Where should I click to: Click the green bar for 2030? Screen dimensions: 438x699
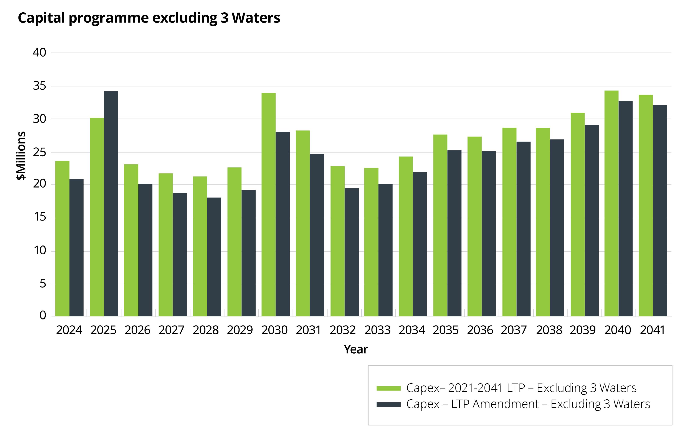[x=268, y=204]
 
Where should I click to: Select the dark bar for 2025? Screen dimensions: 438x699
[x=111, y=204]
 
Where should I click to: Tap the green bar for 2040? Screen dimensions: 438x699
[x=611, y=203]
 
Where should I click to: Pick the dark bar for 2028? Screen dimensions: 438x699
[x=214, y=257]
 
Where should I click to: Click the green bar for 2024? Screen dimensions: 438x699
[x=62, y=238]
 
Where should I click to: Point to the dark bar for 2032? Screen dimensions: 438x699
[x=352, y=252]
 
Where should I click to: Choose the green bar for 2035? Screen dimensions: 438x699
[x=440, y=225]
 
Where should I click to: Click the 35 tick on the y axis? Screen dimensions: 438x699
[x=40, y=86]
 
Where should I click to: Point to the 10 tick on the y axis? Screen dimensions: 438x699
[x=40, y=250]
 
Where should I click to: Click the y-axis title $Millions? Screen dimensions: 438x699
[x=21, y=156]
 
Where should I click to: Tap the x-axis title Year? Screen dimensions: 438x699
[x=356, y=349]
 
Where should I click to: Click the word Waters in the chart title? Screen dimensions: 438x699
[x=256, y=18]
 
